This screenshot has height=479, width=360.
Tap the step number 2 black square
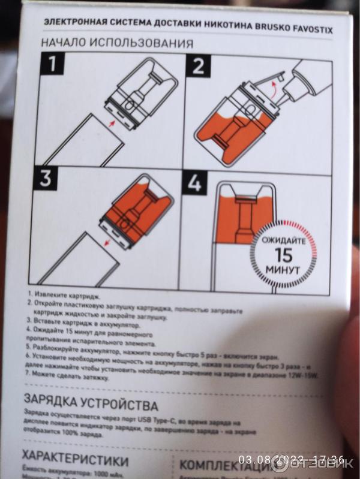(x=198, y=67)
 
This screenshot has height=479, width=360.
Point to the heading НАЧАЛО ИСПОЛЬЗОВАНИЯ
(x=117, y=43)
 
